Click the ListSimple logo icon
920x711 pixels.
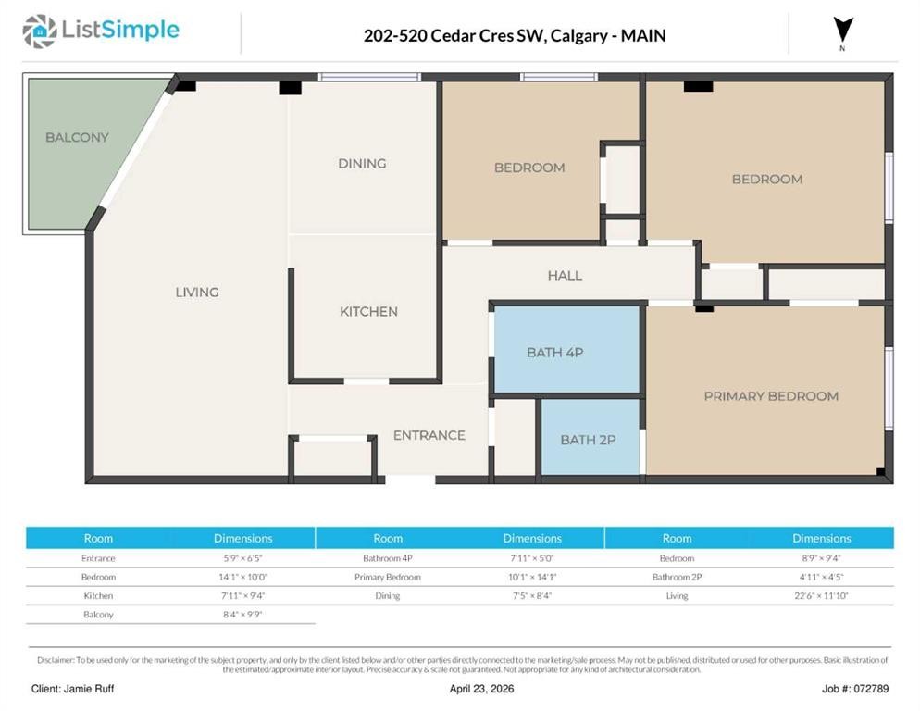(x=39, y=31)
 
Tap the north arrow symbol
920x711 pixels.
(x=841, y=31)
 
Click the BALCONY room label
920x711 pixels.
(x=77, y=137)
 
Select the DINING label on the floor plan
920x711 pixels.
(x=361, y=163)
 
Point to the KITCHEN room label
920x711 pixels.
(x=368, y=311)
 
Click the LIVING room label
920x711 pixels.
(x=197, y=292)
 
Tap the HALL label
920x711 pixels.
(x=565, y=275)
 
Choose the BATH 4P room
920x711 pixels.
(x=555, y=352)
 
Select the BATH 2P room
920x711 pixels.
(x=588, y=440)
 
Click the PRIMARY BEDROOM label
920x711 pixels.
(x=771, y=395)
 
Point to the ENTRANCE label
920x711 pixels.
(x=429, y=435)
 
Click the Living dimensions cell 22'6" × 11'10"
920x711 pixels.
(x=821, y=595)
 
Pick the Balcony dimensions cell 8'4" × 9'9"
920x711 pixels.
(x=242, y=614)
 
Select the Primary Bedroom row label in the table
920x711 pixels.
(x=388, y=577)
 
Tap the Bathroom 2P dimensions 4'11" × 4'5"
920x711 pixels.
(x=821, y=577)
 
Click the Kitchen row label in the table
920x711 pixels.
(x=98, y=595)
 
